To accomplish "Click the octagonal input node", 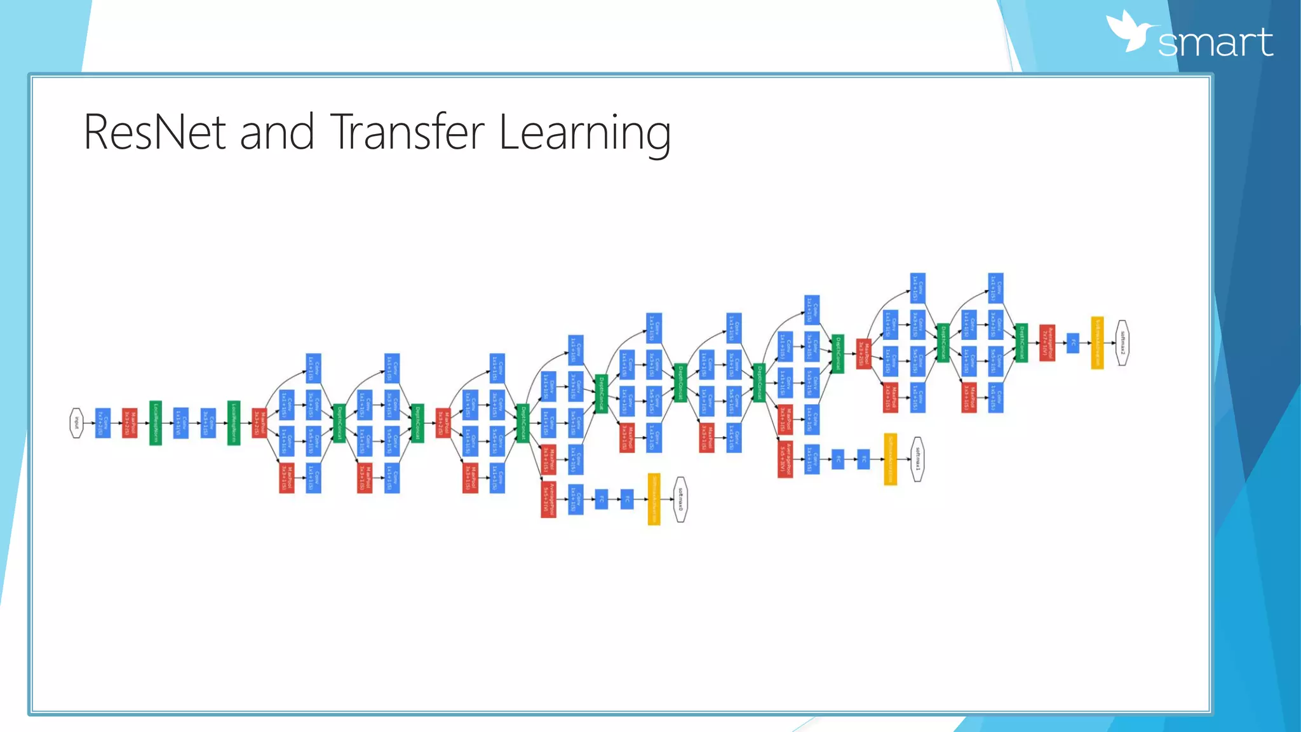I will pos(76,423).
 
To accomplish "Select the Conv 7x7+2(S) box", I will pos(102,423).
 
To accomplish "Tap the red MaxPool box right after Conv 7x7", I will pos(130,423).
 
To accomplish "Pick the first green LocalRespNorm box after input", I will pos(156,423).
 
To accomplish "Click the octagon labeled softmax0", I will pos(680,499).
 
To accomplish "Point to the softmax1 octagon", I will pos(917,459).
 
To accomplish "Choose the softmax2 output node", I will pos(1122,342).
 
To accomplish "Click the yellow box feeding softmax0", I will pos(654,499).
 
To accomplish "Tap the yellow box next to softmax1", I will pos(891,459).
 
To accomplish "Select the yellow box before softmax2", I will pos(1097,342).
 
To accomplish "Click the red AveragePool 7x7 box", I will pos(1047,342).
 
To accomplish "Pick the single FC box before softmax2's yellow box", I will pos(1073,342).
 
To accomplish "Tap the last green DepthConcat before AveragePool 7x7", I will pos(1021,342).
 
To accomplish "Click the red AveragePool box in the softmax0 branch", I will pos(548,499).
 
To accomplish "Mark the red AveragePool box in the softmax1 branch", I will pos(785,459).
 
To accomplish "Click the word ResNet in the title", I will pos(154,132).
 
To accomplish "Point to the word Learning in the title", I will pos(584,132).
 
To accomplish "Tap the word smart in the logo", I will pos(1215,43).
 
